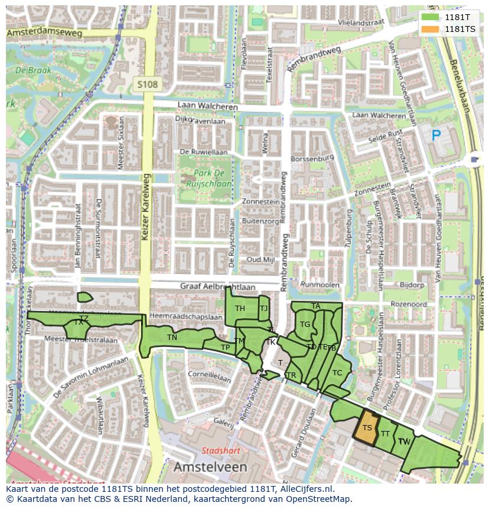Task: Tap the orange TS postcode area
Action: pyautogui.click(x=367, y=429)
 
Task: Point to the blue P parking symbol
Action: pyautogui.click(x=436, y=136)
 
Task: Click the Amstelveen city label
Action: pyautogui.click(x=210, y=467)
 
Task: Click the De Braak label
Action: pyautogui.click(x=34, y=70)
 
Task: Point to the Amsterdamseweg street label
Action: pyautogui.click(x=44, y=33)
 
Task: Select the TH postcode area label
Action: pyautogui.click(x=240, y=309)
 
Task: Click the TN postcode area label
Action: pyautogui.click(x=172, y=338)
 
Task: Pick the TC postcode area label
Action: pyautogui.click(x=337, y=372)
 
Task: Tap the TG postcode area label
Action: pyautogui.click(x=305, y=324)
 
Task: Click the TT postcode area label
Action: pyautogui.click(x=385, y=433)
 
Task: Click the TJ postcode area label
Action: pyautogui.click(x=263, y=308)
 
